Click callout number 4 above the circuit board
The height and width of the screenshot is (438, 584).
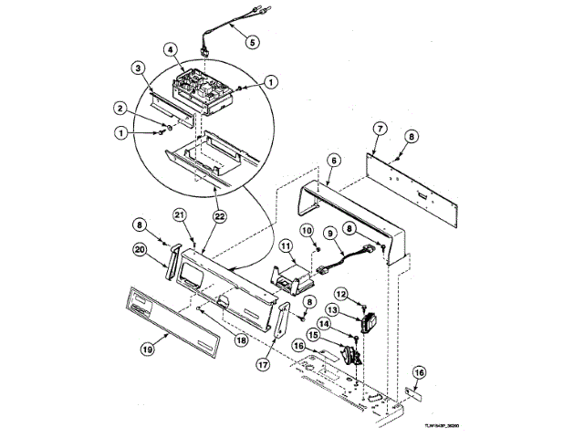(171, 49)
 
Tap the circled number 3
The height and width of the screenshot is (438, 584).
(137, 68)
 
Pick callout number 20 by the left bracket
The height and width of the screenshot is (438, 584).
(141, 248)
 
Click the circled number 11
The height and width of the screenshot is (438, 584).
(286, 246)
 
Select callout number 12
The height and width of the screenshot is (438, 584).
(340, 294)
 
